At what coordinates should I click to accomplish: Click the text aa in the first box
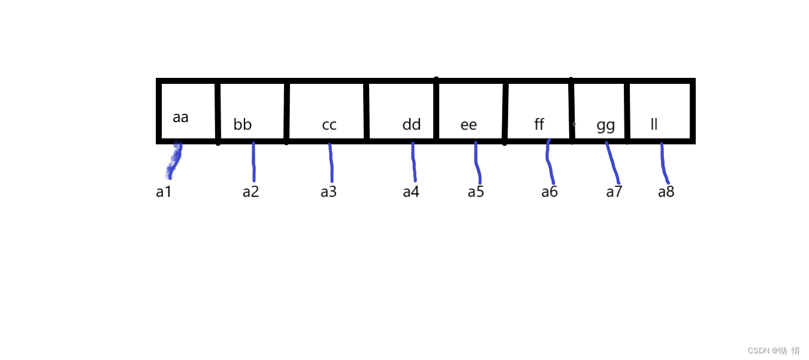coord(180,117)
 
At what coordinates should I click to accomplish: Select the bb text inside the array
coord(243,125)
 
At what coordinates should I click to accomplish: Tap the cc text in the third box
coord(329,125)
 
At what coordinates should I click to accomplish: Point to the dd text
coord(412,125)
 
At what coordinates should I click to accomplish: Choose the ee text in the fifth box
coord(469,125)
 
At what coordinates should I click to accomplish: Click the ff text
coord(539,125)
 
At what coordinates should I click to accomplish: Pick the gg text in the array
coord(606,126)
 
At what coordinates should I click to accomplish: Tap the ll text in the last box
coord(654,125)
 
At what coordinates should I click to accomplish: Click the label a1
coord(164,192)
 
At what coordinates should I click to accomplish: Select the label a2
coord(250,192)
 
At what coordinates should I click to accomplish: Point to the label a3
coord(328,192)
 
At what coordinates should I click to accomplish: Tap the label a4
coord(410,192)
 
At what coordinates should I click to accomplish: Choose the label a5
coord(476,192)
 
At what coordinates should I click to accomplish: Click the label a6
coord(550,192)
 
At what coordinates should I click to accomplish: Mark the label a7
coord(614,192)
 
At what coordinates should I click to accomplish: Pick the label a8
coord(666,192)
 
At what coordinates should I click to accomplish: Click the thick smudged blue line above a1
coord(175,159)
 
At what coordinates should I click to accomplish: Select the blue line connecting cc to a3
coord(331,163)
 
